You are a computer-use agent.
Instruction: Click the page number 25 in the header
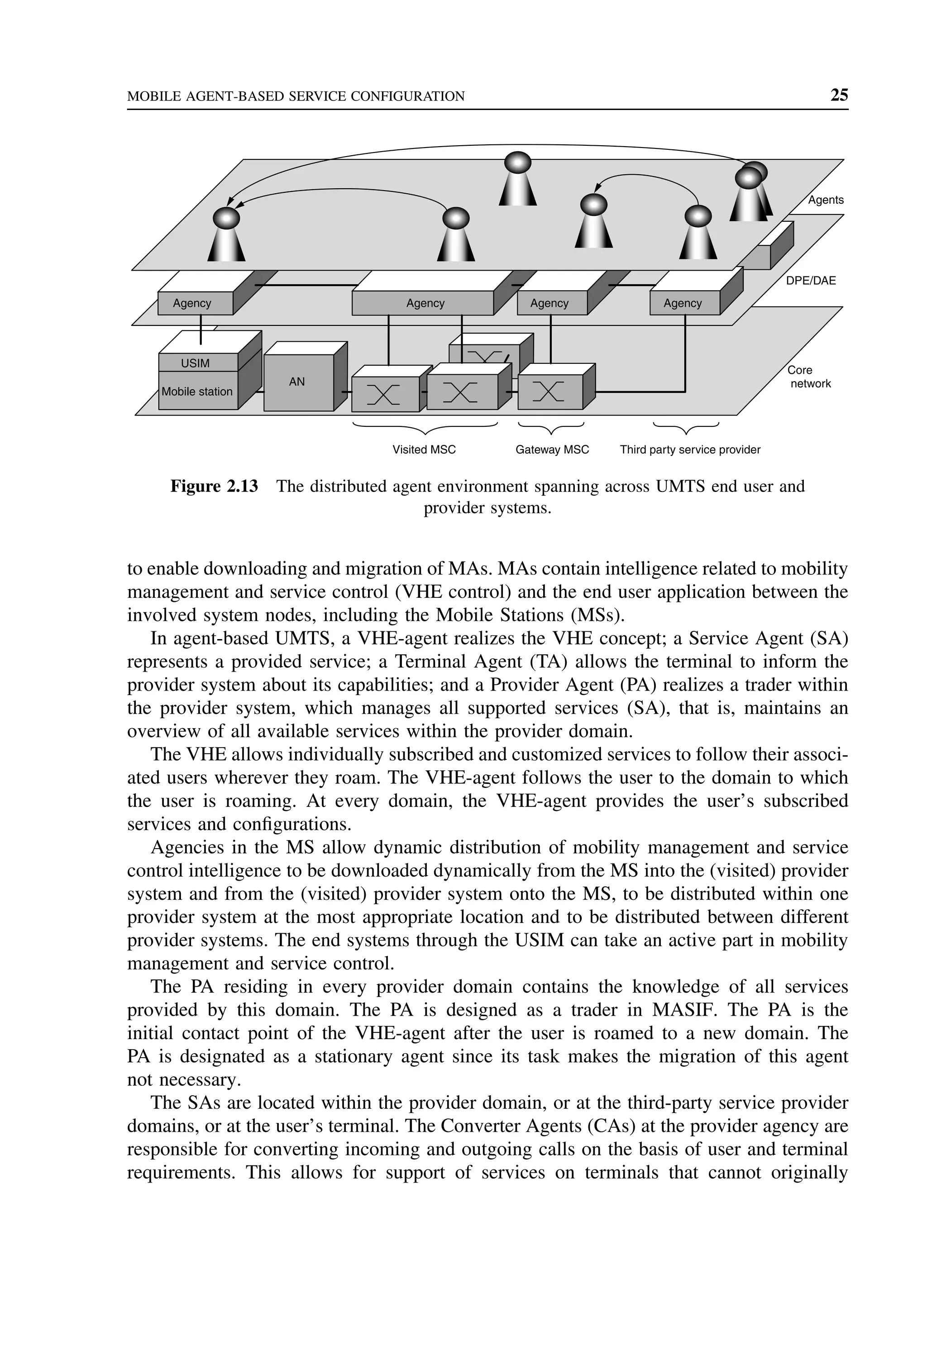[839, 95]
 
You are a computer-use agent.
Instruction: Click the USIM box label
[195, 363]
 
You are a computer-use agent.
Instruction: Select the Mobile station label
[197, 392]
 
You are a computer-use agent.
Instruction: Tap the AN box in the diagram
[297, 382]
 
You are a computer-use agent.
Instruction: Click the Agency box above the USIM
[193, 303]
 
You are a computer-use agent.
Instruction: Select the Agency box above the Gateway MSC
[550, 303]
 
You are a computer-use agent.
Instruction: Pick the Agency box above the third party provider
[683, 303]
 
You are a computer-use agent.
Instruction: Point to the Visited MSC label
[424, 450]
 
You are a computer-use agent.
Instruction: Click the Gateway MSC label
[552, 450]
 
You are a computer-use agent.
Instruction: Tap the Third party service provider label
[689, 450]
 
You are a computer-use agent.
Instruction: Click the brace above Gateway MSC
[550, 429]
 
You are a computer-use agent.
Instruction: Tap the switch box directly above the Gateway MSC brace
[550, 392]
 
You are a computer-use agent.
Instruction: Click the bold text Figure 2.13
[214, 487]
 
